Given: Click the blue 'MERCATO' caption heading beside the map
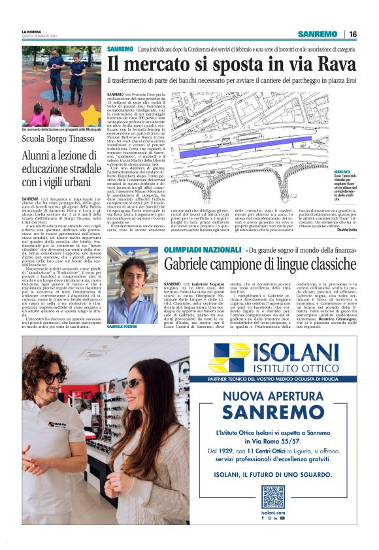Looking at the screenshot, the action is [352, 171].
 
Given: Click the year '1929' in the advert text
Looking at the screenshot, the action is [227, 451].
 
